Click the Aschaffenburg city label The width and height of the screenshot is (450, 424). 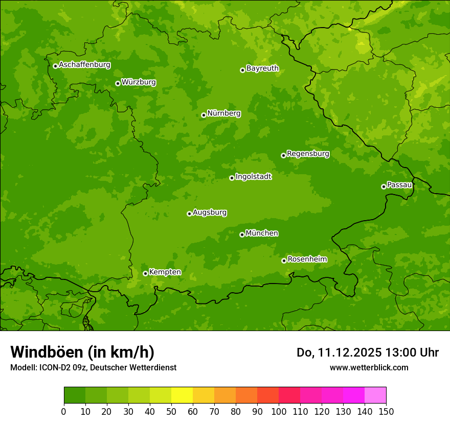(x=84, y=65)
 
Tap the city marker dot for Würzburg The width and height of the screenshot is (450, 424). (x=118, y=83)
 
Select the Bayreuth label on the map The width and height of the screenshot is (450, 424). (x=262, y=68)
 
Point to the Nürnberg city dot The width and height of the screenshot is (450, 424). (x=204, y=115)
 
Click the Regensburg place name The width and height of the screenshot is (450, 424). (x=308, y=154)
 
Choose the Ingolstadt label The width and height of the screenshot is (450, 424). (x=253, y=177)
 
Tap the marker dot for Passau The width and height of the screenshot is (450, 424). (x=384, y=186)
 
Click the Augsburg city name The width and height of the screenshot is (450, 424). (x=210, y=213)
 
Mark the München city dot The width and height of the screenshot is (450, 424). (x=242, y=234)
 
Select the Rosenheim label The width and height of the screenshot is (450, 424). (x=307, y=260)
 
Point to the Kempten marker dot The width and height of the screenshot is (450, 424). (x=145, y=273)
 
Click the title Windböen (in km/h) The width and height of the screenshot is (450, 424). (x=82, y=352)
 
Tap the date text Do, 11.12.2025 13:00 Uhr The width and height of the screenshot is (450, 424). (x=367, y=352)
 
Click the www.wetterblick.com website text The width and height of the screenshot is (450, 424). (x=369, y=367)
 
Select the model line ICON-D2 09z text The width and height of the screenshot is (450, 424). (x=93, y=367)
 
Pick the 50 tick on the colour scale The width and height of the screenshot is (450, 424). (x=171, y=411)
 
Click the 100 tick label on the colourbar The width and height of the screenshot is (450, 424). (x=279, y=411)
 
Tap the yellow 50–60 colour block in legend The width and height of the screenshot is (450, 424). (x=182, y=395)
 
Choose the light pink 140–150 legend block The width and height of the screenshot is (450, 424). (x=375, y=395)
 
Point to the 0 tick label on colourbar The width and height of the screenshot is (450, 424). (x=64, y=411)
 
